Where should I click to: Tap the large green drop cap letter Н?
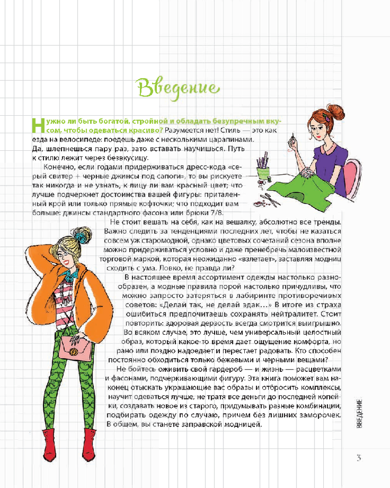[x=38, y=126]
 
